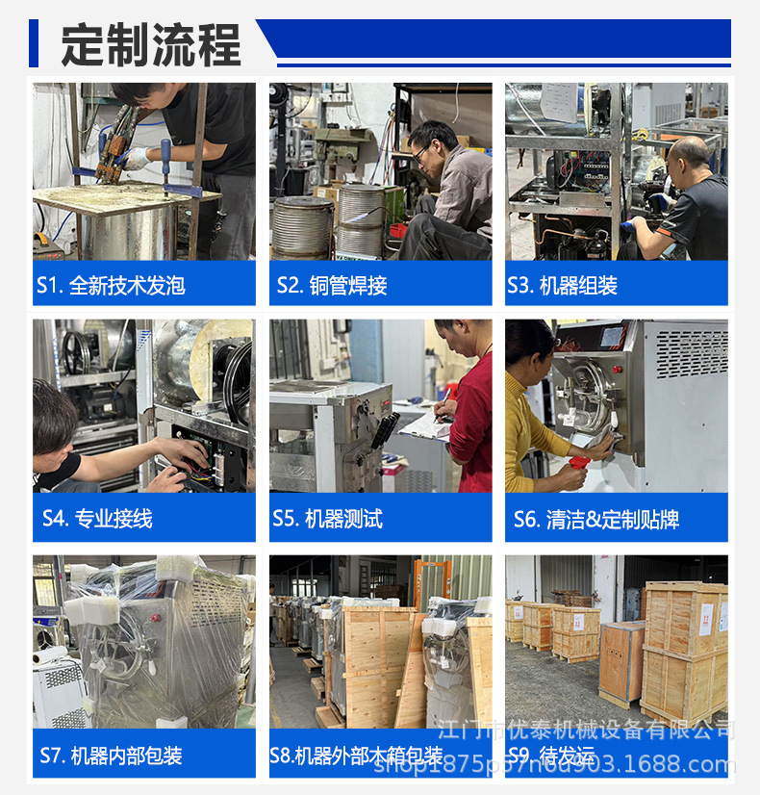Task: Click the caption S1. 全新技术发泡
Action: click(x=111, y=286)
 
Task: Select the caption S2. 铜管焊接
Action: click(x=332, y=286)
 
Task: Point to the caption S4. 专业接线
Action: click(x=97, y=519)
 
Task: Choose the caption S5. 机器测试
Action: click(x=328, y=519)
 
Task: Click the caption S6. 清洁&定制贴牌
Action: click(x=596, y=520)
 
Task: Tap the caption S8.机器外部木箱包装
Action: click(x=357, y=756)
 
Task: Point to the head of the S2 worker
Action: click(x=431, y=141)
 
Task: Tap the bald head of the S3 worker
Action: click(x=689, y=154)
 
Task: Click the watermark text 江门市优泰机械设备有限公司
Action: click(x=586, y=729)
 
